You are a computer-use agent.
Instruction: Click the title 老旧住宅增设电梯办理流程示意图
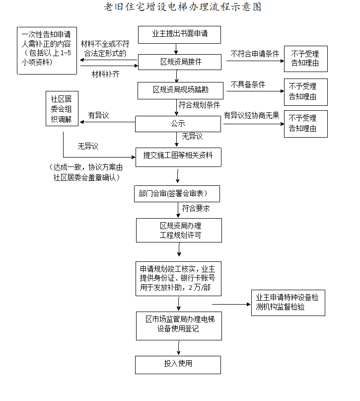[182, 7]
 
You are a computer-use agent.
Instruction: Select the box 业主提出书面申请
[179, 34]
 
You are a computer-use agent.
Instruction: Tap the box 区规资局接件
[179, 62]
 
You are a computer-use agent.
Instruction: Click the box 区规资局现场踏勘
[179, 90]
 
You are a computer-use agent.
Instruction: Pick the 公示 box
[178, 124]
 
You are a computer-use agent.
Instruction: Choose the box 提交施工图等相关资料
[178, 156]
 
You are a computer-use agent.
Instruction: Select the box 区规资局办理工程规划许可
[179, 230]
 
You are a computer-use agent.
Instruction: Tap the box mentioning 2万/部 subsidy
[178, 278]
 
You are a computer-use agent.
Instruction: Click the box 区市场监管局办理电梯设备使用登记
[179, 325]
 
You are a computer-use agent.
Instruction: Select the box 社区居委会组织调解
[62, 109]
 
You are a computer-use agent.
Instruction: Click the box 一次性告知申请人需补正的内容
[47, 50]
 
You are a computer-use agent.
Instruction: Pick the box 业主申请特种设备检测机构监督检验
[288, 302]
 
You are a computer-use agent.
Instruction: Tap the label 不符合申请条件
[255, 54]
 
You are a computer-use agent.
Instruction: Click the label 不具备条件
[248, 84]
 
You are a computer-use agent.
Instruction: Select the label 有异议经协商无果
[251, 115]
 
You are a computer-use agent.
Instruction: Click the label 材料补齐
[105, 74]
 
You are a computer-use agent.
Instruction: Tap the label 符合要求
[196, 208]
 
